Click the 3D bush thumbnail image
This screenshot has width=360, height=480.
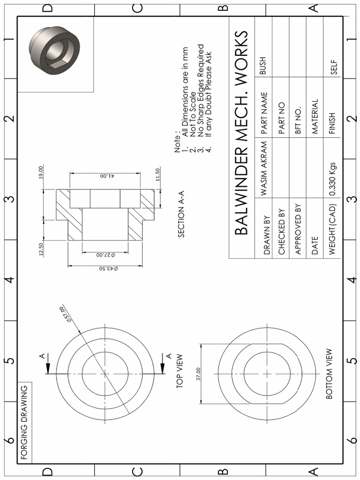coord(54,50)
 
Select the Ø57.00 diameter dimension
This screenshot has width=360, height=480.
coord(65,315)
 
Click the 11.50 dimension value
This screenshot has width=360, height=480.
coord(157,174)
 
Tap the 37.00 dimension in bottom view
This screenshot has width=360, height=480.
coord(198,374)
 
